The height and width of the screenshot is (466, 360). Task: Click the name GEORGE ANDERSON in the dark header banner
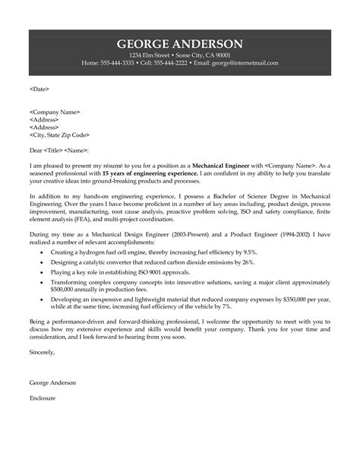180,43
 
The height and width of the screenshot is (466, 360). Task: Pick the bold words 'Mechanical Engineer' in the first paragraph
220,164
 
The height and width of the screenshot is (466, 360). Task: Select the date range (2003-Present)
182,236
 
